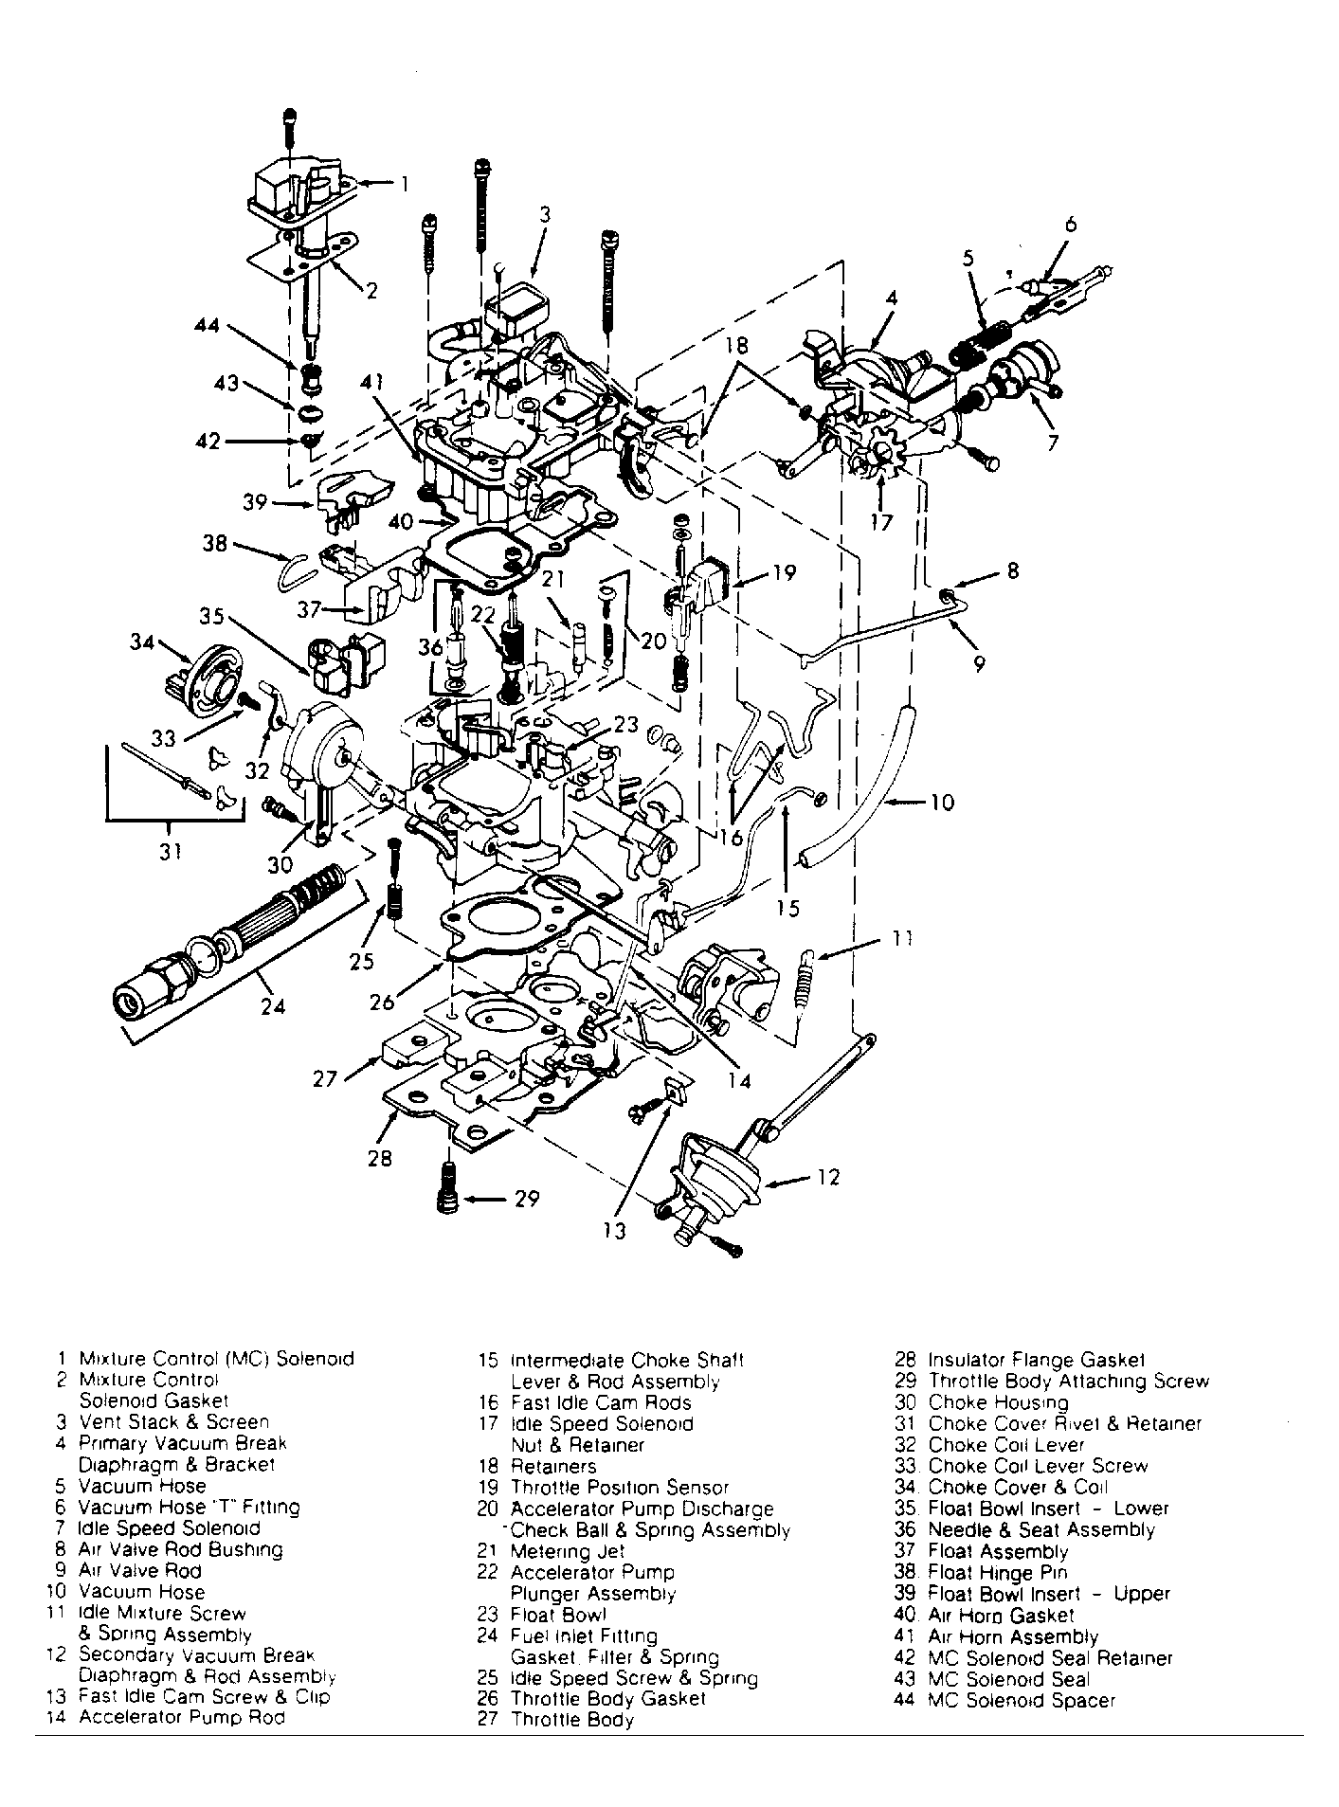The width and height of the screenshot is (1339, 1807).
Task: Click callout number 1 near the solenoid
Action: (x=406, y=184)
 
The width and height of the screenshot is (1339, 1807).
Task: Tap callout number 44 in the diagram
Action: (x=207, y=326)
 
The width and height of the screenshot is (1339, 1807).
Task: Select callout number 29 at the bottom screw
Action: (x=527, y=1200)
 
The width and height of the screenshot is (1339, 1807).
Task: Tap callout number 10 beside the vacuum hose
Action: (x=941, y=803)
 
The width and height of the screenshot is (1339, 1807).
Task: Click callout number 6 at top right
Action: (x=1070, y=225)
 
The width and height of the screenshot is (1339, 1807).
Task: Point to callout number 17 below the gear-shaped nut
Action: (x=881, y=522)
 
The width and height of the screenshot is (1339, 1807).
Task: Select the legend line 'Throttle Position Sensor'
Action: (x=620, y=1488)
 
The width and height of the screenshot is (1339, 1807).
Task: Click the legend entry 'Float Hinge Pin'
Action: (x=997, y=1572)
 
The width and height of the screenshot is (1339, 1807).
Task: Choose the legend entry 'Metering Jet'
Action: (x=568, y=1551)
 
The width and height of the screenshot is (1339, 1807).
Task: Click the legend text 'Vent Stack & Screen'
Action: (x=173, y=1421)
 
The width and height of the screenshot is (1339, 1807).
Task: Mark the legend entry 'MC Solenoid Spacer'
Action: (x=1022, y=1700)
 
